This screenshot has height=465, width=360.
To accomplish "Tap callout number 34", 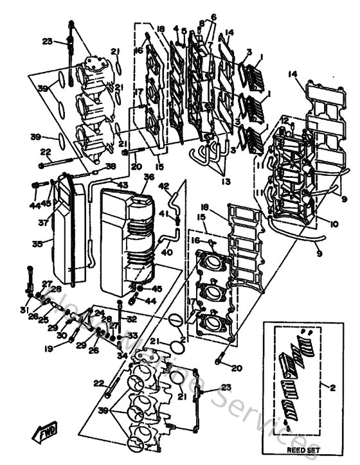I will tap(121, 355).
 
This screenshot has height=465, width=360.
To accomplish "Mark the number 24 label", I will tap(100, 313).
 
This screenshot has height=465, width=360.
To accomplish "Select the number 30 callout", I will tap(63, 335).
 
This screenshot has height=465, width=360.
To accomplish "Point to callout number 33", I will tap(132, 335).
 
